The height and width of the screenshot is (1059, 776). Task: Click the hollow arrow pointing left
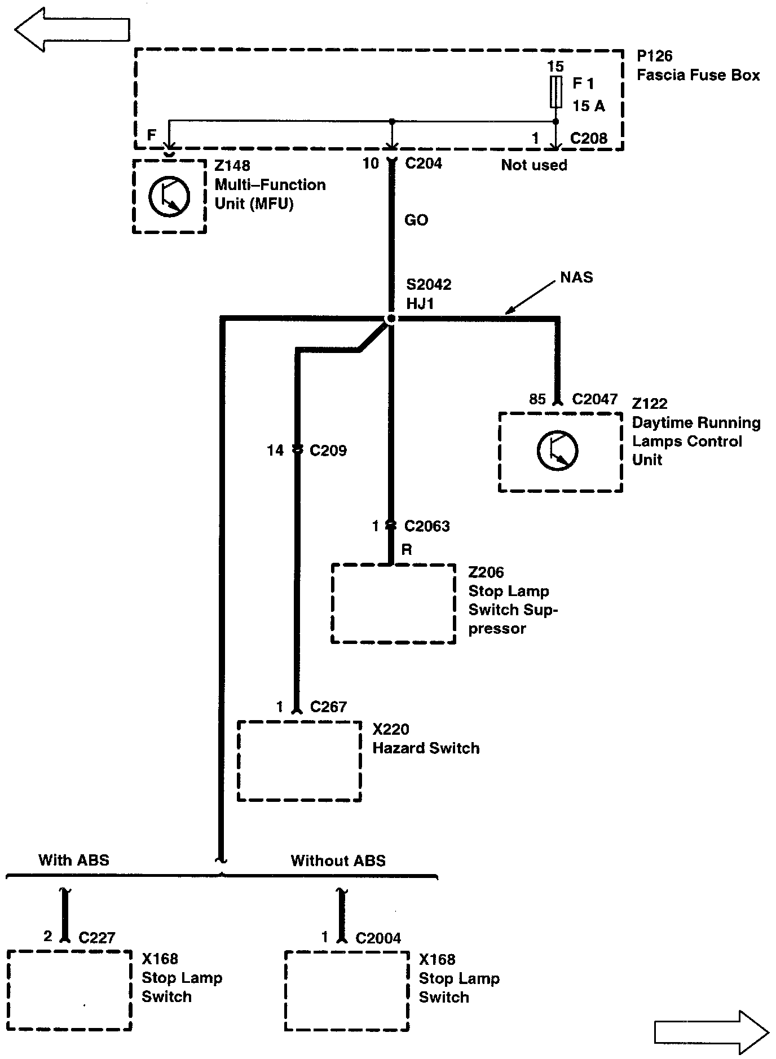pyautogui.click(x=72, y=29)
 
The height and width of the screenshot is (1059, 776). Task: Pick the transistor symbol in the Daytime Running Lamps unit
pyautogui.click(x=557, y=451)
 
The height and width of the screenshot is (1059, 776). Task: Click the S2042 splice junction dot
pyautogui.click(x=390, y=320)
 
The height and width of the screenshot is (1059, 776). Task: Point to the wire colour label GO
pyautogui.click(x=416, y=220)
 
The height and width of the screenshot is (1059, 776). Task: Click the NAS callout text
pyautogui.click(x=576, y=277)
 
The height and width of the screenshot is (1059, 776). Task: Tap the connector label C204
pyautogui.click(x=424, y=164)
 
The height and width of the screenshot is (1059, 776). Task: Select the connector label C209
pyautogui.click(x=328, y=451)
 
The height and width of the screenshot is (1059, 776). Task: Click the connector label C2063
pyautogui.click(x=427, y=526)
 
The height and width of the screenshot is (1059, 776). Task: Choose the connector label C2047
pyautogui.click(x=594, y=399)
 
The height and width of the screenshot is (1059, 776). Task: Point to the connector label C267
pyautogui.click(x=328, y=707)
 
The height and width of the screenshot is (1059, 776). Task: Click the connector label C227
pyautogui.click(x=97, y=938)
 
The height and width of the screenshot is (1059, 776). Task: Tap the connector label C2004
pyautogui.click(x=378, y=938)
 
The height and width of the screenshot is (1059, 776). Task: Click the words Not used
pyautogui.click(x=534, y=165)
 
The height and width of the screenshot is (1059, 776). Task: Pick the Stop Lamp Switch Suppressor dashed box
pyautogui.click(x=393, y=603)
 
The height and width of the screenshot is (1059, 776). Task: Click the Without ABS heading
pyautogui.click(x=338, y=861)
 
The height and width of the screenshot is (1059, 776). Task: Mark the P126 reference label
pyautogui.click(x=654, y=56)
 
